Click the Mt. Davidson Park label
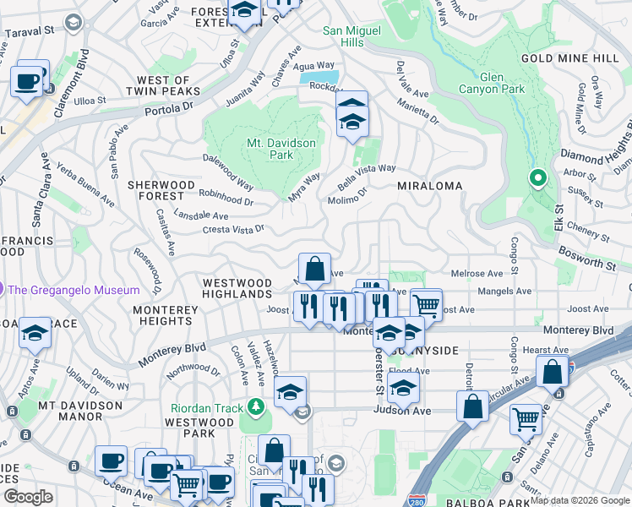(281, 149)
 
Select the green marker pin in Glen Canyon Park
(537, 178)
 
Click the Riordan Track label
(206, 408)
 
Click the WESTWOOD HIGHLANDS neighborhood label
(237, 289)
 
